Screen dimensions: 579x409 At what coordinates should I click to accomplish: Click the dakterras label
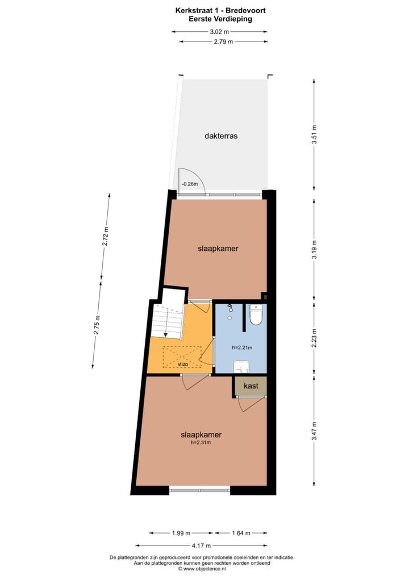tap(221, 137)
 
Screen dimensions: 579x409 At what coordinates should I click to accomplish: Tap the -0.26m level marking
tap(189, 184)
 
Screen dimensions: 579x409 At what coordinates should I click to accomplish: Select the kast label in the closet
tap(251, 386)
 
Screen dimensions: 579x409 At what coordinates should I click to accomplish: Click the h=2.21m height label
tap(241, 348)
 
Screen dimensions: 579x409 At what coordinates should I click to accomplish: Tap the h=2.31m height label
tap(201, 442)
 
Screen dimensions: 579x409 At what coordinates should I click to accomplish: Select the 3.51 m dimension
tap(314, 135)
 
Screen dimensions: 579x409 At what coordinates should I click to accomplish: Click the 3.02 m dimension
tap(220, 32)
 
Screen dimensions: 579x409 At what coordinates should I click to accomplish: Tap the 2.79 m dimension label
tap(224, 42)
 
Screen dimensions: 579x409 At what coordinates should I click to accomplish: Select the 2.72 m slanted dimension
tap(105, 236)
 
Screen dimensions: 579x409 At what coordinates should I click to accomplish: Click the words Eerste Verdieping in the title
tap(220, 18)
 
